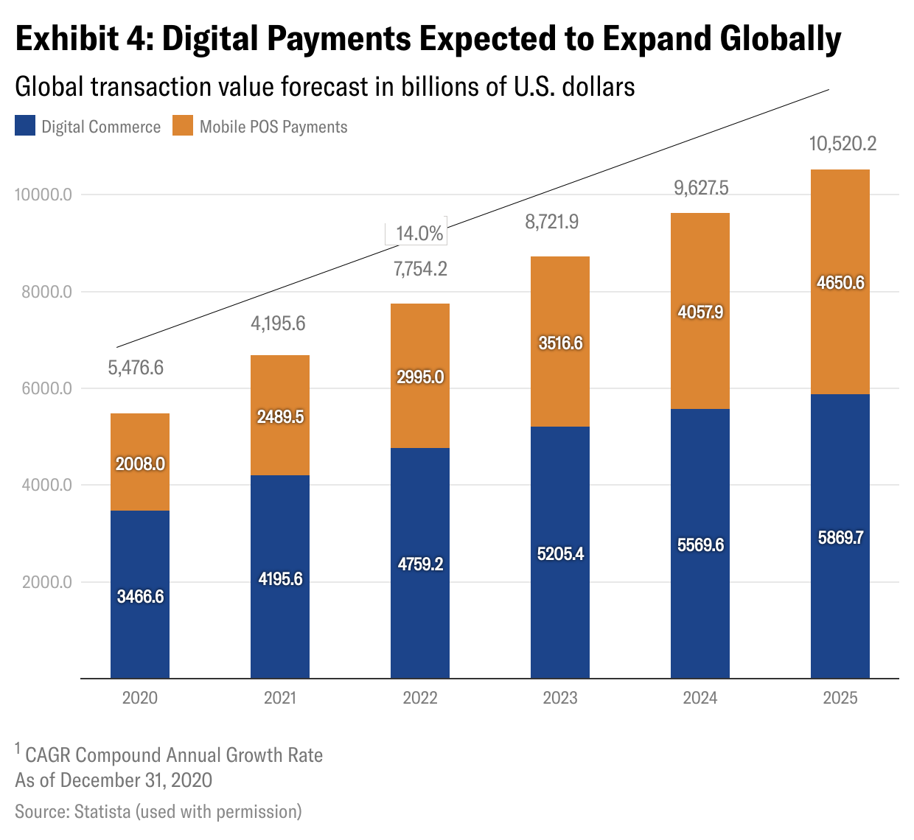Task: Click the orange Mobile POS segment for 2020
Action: click(x=140, y=442)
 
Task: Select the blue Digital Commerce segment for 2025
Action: click(x=840, y=589)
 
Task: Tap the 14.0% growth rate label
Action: click(x=419, y=234)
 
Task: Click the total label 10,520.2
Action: click(x=843, y=144)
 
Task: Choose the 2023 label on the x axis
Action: click(x=560, y=698)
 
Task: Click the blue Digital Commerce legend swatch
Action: click(x=25, y=126)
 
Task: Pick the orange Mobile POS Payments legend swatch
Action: click(x=183, y=126)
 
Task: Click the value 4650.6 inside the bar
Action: click(x=840, y=283)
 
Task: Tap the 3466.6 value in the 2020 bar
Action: click(x=140, y=596)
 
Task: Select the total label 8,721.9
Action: click(x=551, y=222)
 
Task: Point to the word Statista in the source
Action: click(x=102, y=812)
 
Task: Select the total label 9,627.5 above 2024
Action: click(x=701, y=188)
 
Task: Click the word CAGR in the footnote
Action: click(x=49, y=755)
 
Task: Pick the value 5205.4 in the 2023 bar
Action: click(x=560, y=553)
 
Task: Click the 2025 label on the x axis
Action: click(x=840, y=698)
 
